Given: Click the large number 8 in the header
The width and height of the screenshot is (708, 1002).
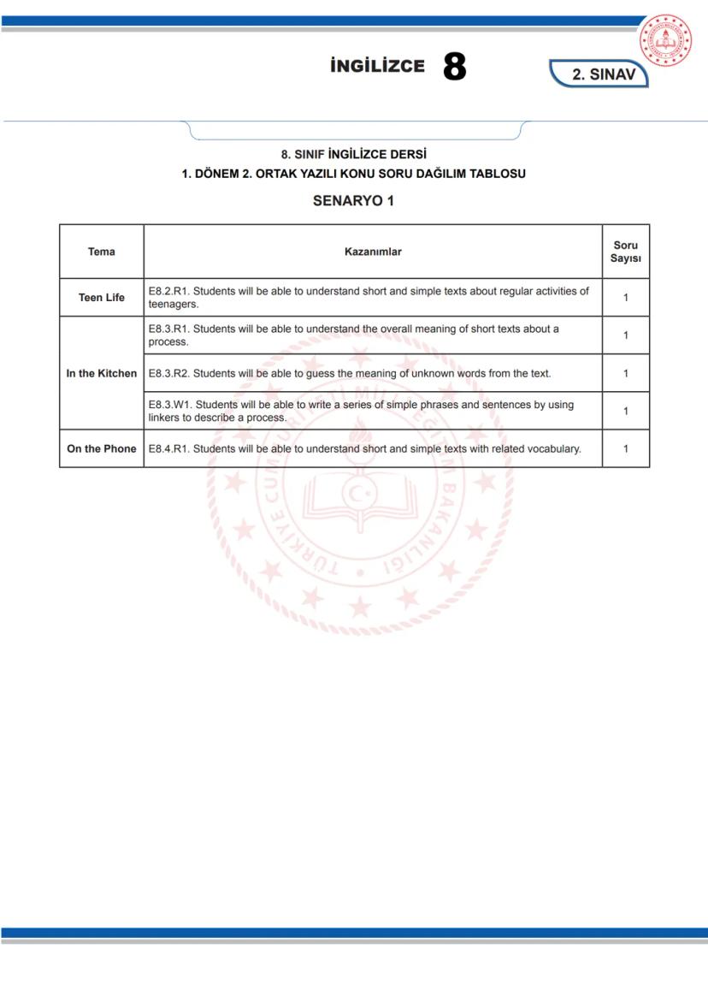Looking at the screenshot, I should point(455,67).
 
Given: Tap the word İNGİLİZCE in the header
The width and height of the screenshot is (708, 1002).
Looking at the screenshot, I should point(377,67).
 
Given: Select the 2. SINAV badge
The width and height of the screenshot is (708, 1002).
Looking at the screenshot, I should point(604,74).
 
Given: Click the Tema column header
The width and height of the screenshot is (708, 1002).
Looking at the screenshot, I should point(102,252).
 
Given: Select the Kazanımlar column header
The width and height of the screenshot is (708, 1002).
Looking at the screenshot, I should point(372,252).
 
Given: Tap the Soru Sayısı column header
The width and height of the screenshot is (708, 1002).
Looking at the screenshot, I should point(626,252).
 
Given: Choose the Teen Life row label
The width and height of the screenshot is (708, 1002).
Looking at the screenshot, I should point(102,298).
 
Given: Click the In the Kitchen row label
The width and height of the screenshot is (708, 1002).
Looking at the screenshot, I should point(102,373).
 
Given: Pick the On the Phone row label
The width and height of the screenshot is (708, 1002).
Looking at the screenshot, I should point(102,448).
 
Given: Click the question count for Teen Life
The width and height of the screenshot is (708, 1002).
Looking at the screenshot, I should point(626,298).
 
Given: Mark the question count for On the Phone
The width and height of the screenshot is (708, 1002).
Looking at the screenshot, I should point(626,448).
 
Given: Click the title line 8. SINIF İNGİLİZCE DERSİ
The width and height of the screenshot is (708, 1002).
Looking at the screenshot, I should point(353,155).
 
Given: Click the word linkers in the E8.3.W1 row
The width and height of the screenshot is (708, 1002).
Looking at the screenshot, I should point(166,418).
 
